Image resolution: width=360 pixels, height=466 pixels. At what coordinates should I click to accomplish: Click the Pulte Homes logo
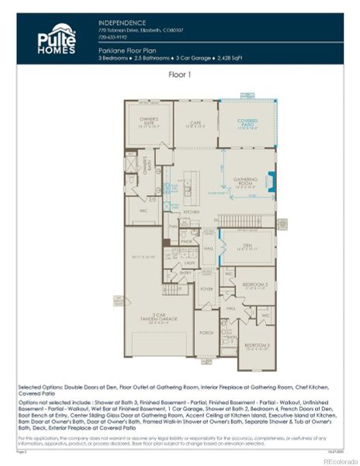click(x=57, y=39)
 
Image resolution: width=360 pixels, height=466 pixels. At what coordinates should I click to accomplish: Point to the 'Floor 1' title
click(x=180, y=75)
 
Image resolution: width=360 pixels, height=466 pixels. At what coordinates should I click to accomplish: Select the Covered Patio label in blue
click(x=247, y=122)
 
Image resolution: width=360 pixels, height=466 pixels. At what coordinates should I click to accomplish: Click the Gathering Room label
click(x=245, y=179)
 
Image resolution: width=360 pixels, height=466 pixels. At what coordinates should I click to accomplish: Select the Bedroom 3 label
click(x=257, y=344)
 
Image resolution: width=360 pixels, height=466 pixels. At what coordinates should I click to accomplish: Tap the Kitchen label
click(x=191, y=212)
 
